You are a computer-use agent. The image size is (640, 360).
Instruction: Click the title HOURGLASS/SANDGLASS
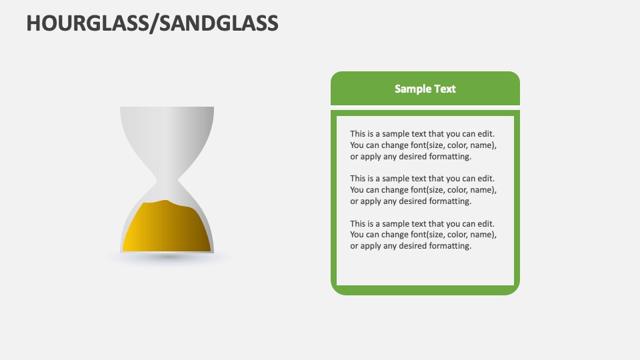tap(152, 23)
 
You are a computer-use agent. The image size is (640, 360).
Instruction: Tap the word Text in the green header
tap(445, 89)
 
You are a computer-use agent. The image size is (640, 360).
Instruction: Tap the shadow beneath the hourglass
tap(167, 257)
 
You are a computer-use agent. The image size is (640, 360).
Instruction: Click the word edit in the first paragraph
tap(486, 134)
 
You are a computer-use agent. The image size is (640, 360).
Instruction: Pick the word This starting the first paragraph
tap(359, 134)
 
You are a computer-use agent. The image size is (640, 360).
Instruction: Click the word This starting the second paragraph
tap(359, 179)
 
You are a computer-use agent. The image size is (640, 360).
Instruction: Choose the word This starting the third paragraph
tap(359, 224)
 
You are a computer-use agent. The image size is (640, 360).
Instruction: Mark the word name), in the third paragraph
tap(485, 235)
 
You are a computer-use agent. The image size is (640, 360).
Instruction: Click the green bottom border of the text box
tap(425, 290)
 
